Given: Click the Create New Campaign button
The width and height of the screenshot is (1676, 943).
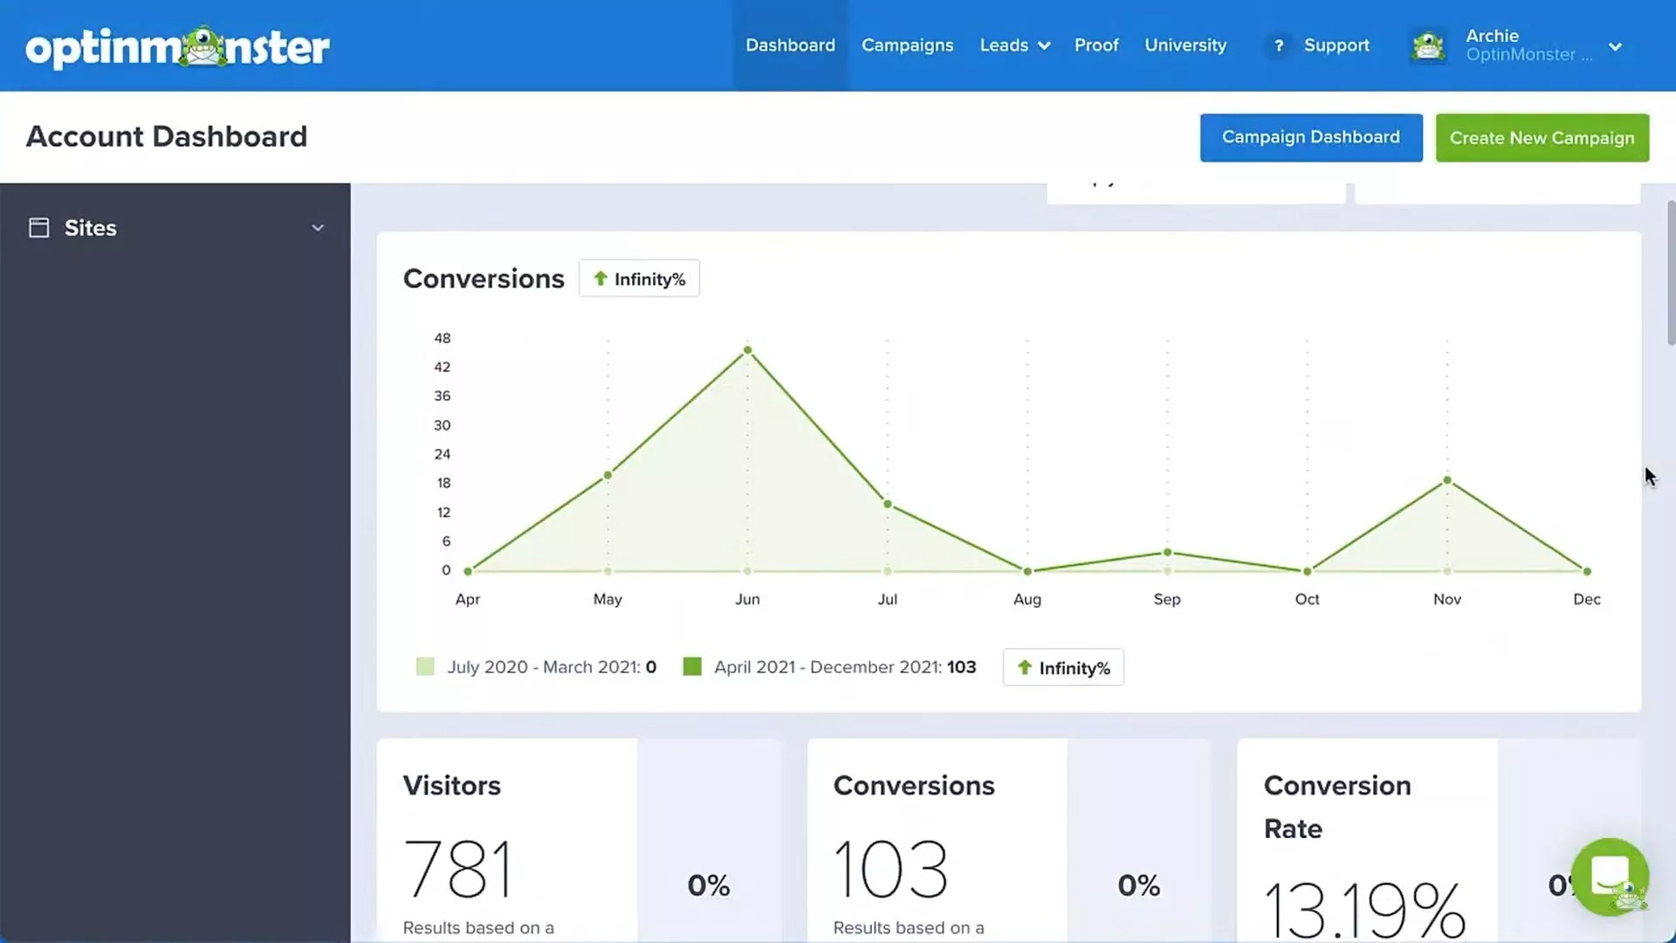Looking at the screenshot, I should pyautogui.click(x=1542, y=138).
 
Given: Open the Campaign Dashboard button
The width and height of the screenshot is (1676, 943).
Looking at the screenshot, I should pyautogui.click(x=1310, y=137).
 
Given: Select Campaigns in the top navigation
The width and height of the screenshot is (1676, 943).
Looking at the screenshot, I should pyautogui.click(x=907, y=45).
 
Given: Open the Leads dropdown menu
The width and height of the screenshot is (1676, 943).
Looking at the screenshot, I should pyautogui.click(x=1014, y=45).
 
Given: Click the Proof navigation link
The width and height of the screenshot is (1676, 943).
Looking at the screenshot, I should pyautogui.click(x=1096, y=45).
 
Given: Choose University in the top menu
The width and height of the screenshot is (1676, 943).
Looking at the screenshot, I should pyautogui.click(x=1185, y=45).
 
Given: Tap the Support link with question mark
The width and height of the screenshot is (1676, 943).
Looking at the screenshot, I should pyautogui.click(x=1319, y=45).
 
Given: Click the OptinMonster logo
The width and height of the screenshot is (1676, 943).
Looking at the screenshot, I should pyautogui.click(x=178, y=47).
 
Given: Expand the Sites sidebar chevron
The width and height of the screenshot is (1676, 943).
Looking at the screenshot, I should pyautogui.click(x=318, y=228).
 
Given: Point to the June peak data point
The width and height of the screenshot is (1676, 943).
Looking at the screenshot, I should pyautogui.click(x=747, y=350).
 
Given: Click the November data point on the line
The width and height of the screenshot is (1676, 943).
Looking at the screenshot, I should pyautogui.click(x=1446, y=480).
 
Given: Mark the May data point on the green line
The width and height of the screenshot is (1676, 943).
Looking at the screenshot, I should pyautogui.click(x=608, y=476).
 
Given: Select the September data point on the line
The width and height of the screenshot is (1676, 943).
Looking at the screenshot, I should pyautogui.click(x=1167, y=552).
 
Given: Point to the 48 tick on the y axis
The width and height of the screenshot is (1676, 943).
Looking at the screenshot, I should pyautogui.click(x=443, y=338).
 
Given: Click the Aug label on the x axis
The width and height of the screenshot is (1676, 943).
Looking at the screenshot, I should pyautogui.click(x=1027, y=599).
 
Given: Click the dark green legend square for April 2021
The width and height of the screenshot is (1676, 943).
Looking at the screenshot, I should pyautogui.click(x=692, y=667).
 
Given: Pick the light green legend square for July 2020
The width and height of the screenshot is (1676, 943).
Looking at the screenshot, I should pyautogui.click(x=425, y=667).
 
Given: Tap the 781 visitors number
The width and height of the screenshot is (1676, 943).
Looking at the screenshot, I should pyautogui.click(x=458, y=869).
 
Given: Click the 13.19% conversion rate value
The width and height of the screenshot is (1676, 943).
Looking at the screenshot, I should pyautogui.click(x=1363, y=908).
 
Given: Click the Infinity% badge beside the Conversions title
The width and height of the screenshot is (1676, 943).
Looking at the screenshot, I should pyautogui.click(x=639, y=279).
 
